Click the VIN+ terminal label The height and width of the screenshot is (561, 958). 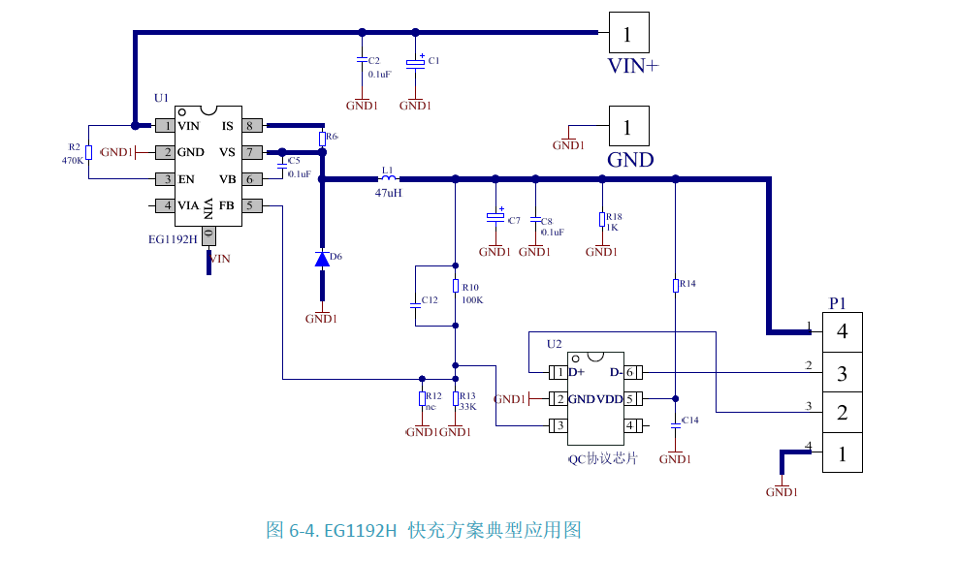tap(632, 66)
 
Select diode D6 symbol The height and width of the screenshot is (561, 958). tap(321, 259)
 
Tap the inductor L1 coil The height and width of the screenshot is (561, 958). tap(388, 178)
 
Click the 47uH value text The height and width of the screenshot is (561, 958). tap(388, 193)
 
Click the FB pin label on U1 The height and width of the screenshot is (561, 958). tap(226, 205)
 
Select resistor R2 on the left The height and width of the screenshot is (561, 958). tap(88, 152)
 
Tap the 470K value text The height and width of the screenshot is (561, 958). tap(72, 160)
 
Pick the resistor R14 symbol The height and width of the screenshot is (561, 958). tap(676, 285)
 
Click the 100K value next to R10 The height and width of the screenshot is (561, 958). tap(472, 300)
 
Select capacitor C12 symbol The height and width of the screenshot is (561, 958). tap(415, 301)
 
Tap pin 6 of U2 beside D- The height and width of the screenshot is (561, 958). tap(630, 372)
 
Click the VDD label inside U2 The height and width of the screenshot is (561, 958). tap(610, 399)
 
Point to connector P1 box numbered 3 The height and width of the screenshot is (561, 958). tap(842, 372)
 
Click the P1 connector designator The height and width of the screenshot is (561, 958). tap(838, 303)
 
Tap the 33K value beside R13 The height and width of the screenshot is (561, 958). tap(467, 407)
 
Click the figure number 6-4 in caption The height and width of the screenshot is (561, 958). tap(302, 530)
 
